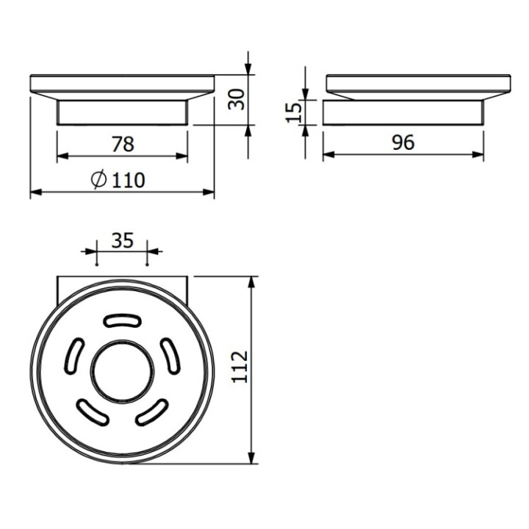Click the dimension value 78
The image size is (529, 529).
click(x=123, y=144)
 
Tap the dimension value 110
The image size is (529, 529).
click(x=128, y=180)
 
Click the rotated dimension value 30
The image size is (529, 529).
click(x=236, y=99)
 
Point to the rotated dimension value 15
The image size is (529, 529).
click(x=293, y=112)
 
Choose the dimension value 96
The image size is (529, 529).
click(x=403, y=143)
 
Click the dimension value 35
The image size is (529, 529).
click(x=123, y=240)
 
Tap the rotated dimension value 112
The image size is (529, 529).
click(x=240, y=367)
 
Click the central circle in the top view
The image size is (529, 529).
click(x=123, y=372)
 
